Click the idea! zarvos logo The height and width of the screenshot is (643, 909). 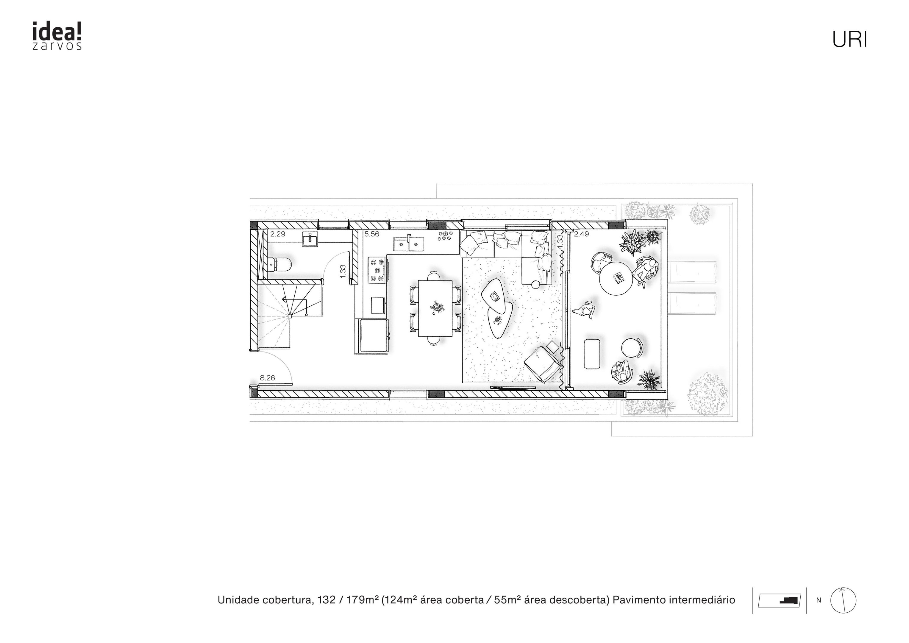point(57,36)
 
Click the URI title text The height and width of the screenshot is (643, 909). point(849,40)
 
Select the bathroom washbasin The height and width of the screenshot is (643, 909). point(310,240)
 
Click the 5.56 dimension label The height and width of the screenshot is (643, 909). point(372,234)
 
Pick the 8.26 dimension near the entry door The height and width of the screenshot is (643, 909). point(267,378)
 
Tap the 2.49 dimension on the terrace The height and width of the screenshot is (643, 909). point(581,234)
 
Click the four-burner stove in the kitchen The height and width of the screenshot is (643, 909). point(378,270)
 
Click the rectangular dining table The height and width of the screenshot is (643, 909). point(435,308)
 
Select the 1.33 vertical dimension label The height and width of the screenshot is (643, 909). point(343,271)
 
